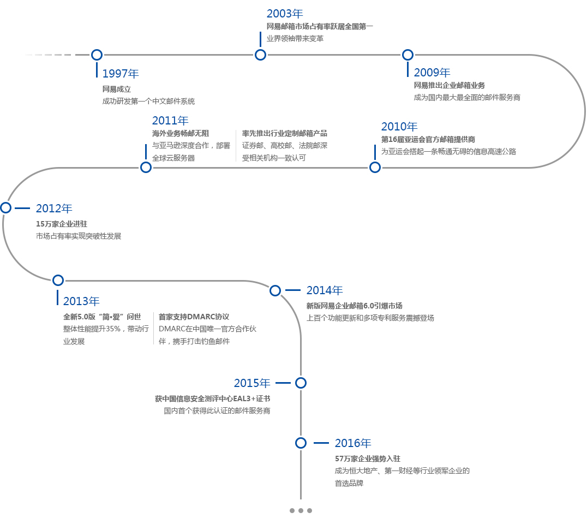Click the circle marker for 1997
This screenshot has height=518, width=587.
(x=97, y=55)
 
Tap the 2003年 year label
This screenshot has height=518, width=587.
(x=284, y=14)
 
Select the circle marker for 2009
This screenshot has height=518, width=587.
(x=408, y=55)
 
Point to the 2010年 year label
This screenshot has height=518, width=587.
(x=399, y=127)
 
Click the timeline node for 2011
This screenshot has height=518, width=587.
(x=146, y=167)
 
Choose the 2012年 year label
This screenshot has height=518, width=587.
(x=54, y=208)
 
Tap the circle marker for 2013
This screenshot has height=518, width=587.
(x=58, y=280)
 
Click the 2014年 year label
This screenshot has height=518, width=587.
(x=325, y=290)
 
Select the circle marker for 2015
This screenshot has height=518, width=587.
(x=301, y=383)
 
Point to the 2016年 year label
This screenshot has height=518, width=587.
(x=353, y=443)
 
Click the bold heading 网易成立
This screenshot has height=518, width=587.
(x=117, y=89)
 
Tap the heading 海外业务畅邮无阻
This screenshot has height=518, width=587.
(x=181, y=133)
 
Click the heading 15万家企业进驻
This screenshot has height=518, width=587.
(x=62, y=224)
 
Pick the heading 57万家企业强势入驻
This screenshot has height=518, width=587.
(x=368, y=459)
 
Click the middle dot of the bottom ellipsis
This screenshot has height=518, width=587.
(x=301, y=510)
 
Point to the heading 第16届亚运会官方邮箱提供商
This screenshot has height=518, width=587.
(x=428, y=140)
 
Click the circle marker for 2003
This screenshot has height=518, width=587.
(x=260, y=55)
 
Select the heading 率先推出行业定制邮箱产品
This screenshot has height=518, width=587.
(x=285, y=133)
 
